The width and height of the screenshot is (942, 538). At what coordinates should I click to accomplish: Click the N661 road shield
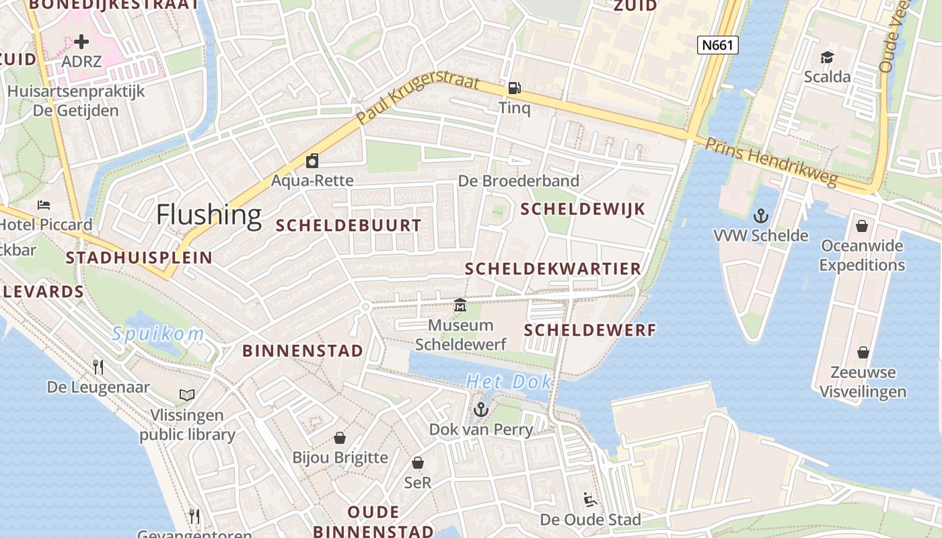(718, 45)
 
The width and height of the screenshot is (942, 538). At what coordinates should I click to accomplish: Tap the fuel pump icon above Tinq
(514, 87)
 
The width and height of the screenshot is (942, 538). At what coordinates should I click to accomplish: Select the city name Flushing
(209, 215)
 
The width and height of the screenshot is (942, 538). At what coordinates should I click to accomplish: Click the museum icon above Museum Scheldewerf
(460, 305)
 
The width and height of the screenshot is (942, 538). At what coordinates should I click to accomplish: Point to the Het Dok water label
(509, 382)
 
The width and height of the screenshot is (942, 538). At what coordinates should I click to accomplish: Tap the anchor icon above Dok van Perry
(480, 410)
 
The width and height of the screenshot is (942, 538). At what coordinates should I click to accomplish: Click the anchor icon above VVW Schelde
(761, 216)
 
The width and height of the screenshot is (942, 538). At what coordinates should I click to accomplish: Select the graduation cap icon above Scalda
(827, 57)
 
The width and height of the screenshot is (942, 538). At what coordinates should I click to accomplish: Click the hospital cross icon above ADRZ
(81, 42)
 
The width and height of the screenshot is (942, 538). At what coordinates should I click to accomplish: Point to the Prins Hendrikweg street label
(771, 162)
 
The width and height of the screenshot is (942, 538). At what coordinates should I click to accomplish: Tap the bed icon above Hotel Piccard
(44, 204)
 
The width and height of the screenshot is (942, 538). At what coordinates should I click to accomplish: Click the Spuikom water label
(158, 334)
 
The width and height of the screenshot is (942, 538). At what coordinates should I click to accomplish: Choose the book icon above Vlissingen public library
(187, 395)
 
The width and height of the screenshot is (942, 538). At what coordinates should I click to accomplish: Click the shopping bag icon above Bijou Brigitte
(340, 438)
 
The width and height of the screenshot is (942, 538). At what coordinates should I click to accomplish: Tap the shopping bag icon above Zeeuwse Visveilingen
(863, 352)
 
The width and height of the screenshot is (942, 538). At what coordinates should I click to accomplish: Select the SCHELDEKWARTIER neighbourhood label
(553, 269)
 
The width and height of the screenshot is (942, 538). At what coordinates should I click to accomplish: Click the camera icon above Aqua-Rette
(312, 161)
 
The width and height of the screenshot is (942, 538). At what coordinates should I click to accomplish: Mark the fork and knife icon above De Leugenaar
(98, 367)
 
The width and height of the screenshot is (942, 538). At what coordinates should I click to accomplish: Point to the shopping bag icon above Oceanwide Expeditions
(862, 226)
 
